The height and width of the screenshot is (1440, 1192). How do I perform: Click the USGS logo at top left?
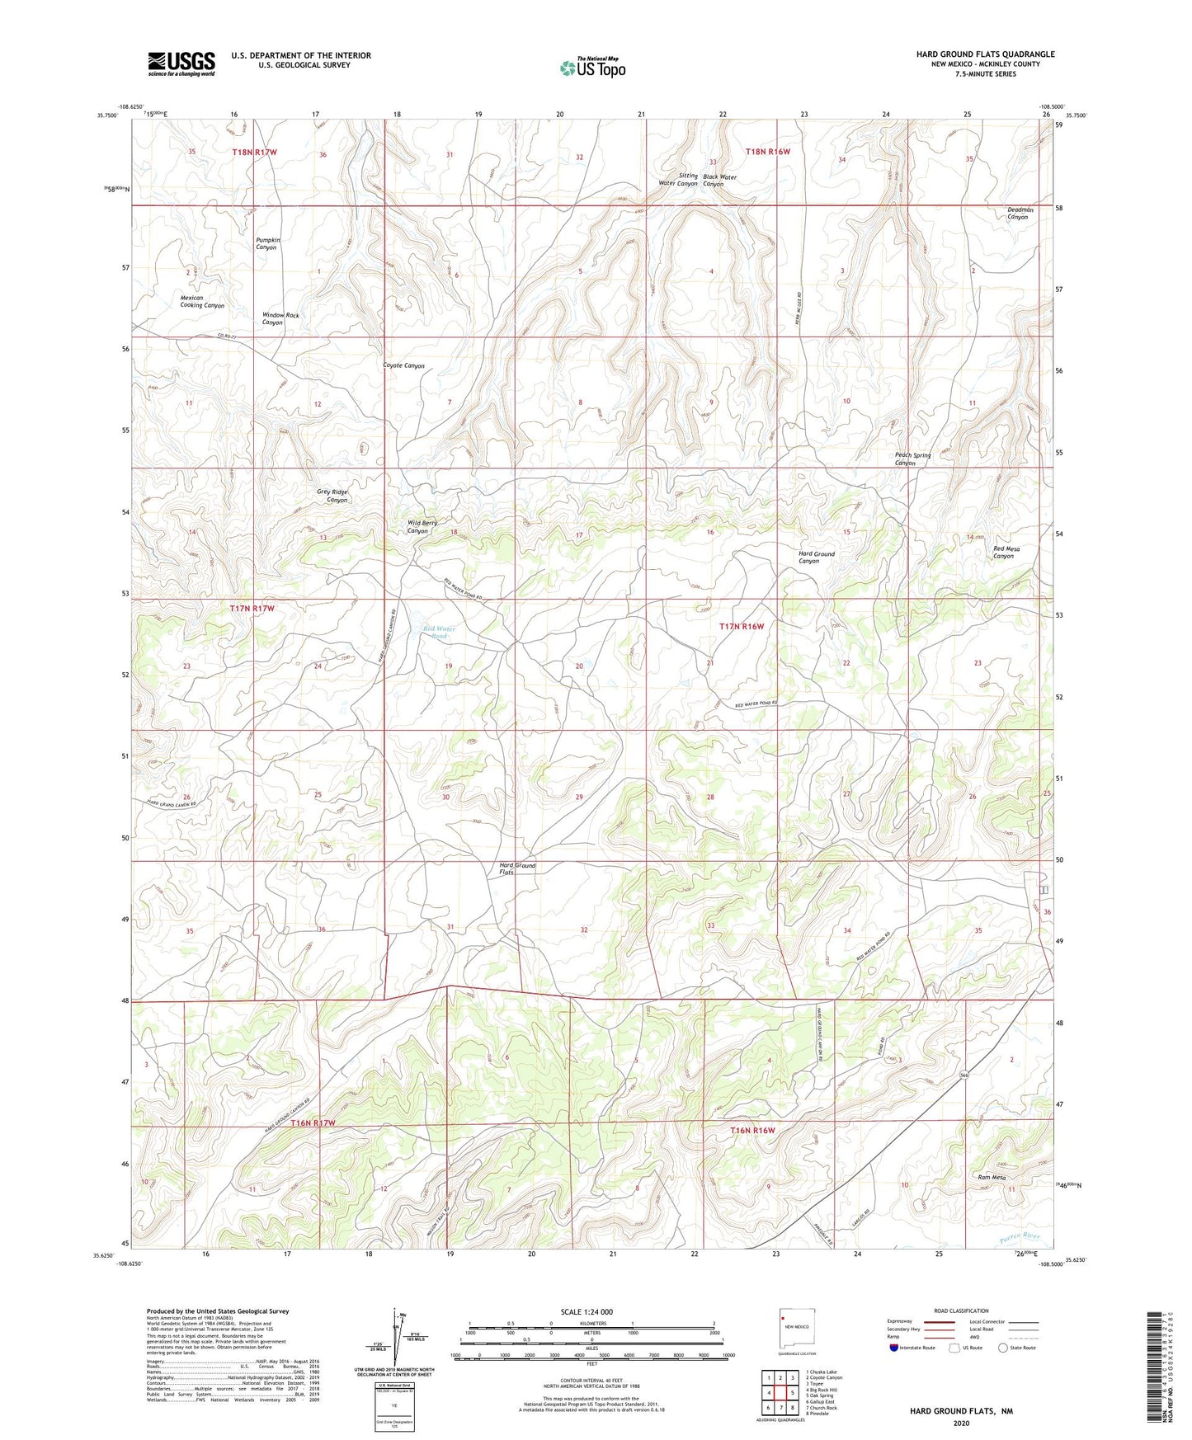point(181,64)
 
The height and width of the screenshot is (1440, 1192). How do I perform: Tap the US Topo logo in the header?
point(591,68)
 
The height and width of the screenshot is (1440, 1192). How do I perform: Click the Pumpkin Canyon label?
point(267,243)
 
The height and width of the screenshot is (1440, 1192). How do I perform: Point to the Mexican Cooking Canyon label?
point(202,301)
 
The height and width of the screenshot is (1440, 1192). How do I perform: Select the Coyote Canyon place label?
point(404,365)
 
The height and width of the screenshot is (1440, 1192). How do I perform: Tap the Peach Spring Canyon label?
point(912,459)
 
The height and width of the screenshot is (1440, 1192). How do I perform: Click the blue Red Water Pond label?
point(439,633)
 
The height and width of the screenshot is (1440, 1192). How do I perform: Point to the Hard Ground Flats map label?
point(517,868)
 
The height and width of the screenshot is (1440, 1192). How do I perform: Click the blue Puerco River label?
point(1015,1237)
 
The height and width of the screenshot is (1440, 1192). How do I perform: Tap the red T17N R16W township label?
point(742,626)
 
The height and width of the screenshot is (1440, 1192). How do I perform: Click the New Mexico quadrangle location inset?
point(797,1332)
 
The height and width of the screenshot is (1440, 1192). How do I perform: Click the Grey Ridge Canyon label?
point(332,496)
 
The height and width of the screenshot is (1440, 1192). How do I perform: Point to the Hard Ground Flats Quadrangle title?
point(985,54)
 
